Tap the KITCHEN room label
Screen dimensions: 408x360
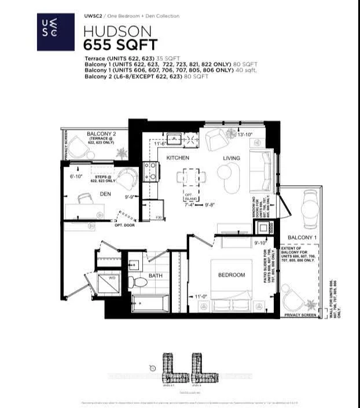point(178,157)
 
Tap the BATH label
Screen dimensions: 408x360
point(155,276)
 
